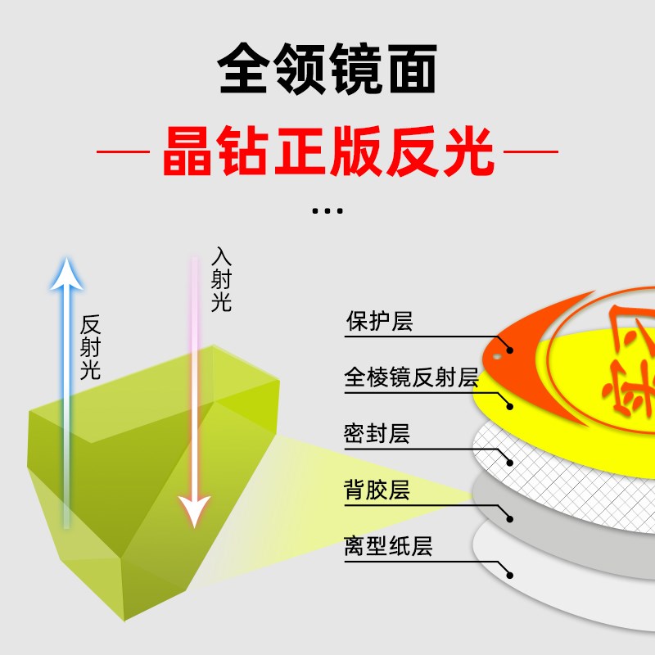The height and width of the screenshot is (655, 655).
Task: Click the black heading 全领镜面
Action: [327, 68]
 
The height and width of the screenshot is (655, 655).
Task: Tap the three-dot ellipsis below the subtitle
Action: [327, 211]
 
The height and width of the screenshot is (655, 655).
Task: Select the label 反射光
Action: [90, 347]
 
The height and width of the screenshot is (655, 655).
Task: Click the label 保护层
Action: [379, 321]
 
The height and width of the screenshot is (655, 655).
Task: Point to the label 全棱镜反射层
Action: [411, 377]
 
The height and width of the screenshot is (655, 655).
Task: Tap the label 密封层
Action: [377, 434]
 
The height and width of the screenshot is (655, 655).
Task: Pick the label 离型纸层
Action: [388, 547]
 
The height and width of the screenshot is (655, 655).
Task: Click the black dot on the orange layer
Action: [510, 350]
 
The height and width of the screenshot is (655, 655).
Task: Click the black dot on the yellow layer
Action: [510, 405]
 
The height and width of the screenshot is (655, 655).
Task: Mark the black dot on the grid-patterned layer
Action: [510, 462]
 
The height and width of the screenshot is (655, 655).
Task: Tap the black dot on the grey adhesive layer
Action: [510, 518]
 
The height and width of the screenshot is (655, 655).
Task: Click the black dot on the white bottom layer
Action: [510, 575]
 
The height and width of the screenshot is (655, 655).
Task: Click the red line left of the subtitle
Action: [123, 151]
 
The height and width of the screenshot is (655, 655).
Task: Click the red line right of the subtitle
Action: [531, 151]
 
